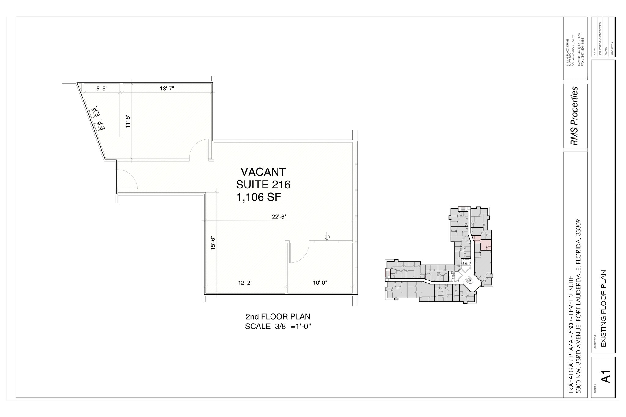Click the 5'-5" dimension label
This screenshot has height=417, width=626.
[x=102, y=89]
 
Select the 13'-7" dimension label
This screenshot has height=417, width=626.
[x=167, y=89]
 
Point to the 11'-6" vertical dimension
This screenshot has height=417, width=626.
[x=128, y=121]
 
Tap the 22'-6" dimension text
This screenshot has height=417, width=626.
[x=279, y=217]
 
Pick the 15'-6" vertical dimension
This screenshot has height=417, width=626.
[x=213, y=243]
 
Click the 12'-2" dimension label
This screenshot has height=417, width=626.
[x=245, y=283]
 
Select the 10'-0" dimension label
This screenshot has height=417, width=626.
[x=320, y=283]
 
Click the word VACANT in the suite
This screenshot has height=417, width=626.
[x=263, y=172]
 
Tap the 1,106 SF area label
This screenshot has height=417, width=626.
[x=259, y=197]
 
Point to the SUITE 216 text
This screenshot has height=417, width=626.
[x=263, y=185]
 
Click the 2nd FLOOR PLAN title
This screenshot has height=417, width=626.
[x=278, y=316]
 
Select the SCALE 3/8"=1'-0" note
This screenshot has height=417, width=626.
[x=278, y=327]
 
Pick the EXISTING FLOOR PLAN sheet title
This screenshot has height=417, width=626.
[x=603, y=309]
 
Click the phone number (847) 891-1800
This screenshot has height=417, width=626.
[x=579, y=49]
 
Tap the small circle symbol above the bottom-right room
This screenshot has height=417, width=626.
[x=327, y=237]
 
